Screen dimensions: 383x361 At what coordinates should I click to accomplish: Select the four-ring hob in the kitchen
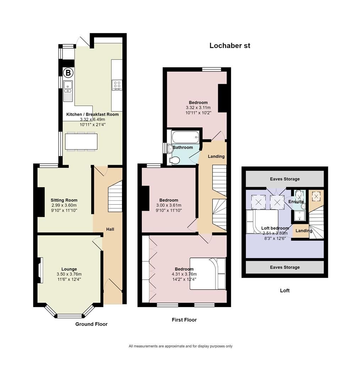117,85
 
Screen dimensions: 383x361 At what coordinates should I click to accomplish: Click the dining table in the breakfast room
81,141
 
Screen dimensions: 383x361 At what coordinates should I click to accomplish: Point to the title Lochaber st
230,45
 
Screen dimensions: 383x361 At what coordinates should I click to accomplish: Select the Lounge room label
69,269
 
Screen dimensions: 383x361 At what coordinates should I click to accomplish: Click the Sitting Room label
64,200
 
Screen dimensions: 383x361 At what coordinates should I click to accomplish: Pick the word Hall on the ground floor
110,229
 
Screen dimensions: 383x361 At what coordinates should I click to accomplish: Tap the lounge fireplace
41,270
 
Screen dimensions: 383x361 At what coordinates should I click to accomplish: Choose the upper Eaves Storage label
285,179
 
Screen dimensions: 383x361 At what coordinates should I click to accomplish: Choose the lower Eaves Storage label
285,267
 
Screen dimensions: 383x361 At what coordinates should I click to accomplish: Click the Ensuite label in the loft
296,201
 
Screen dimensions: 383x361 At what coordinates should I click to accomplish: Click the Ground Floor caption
91,324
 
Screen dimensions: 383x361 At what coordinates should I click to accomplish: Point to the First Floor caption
184,320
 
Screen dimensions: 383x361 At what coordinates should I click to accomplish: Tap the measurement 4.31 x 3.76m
184,274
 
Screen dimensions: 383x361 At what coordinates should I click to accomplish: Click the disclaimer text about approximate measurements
180,346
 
